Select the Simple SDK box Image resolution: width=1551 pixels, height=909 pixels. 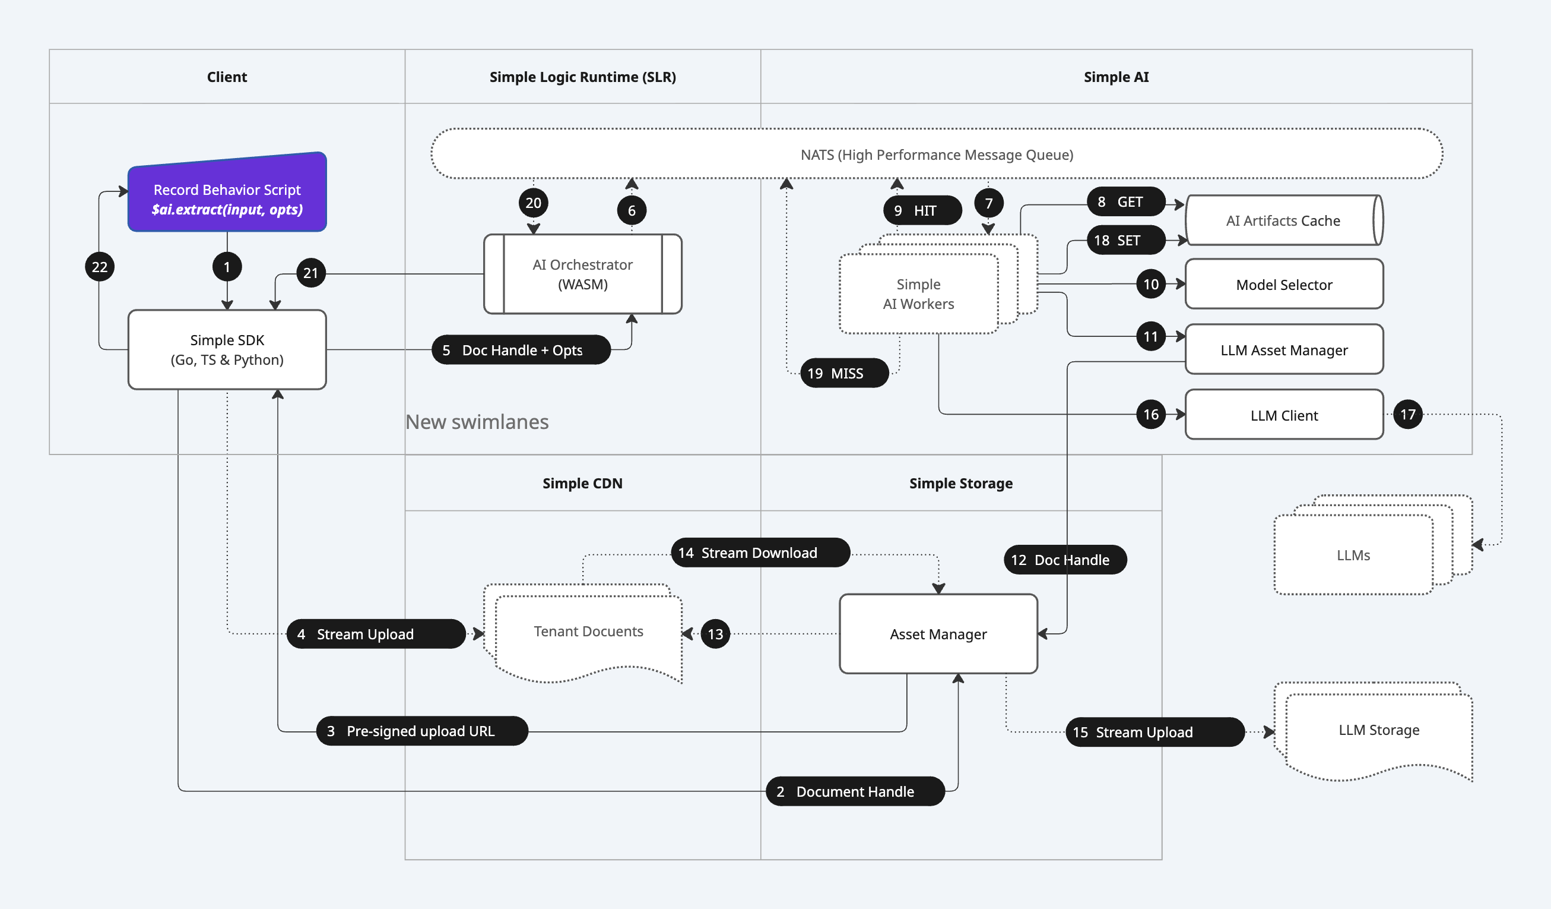pyautogui.click(x=227, y=349)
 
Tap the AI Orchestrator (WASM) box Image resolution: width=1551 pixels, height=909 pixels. pyautogui.click(x=582, y=274)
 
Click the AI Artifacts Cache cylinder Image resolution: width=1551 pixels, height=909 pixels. pyautogui.click(x=1283, y=220)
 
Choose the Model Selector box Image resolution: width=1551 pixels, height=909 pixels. pyautogui.click(x=1283, y=285)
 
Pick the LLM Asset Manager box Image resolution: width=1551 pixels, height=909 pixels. pyautogui.click(x=1283, y=350)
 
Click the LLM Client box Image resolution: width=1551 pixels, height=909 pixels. pyautogui.click(x=1283, y=415)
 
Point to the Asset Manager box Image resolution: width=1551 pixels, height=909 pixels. pyautogui.click(x=937, y=634)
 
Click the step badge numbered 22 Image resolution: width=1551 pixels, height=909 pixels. pyautogui.click(x=100, y=267)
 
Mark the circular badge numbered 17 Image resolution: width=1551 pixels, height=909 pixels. pyautogui.click(x=1407, y=415)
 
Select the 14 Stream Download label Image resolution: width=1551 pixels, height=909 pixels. pyautogui.click(x=760, y=553)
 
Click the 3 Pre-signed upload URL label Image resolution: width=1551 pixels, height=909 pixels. pyautogui.click(x=421, y=731)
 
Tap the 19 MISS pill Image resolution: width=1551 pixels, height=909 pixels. pyautogui.click(x=844, y=373)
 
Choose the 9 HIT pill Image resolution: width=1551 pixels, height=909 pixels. pyautogui.click(x=922, y=211)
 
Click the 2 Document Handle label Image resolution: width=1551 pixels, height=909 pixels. pyautogui.click(x=854, y=791)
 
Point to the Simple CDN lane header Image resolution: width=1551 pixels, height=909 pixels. pyautogui.click(x=582, y=484)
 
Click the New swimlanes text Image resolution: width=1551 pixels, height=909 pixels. pyautogui.click(x=477, y=422)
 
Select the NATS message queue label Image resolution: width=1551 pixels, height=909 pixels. pyautogui.click(x=936, y=154)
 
